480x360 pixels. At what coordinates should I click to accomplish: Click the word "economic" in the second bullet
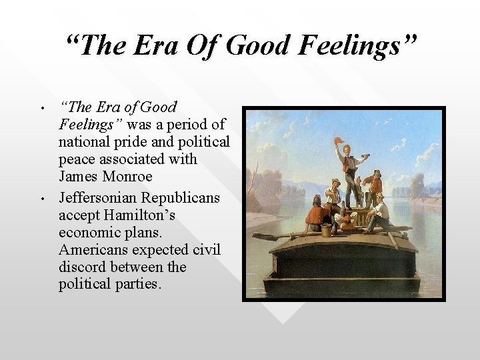[x=85, y=233]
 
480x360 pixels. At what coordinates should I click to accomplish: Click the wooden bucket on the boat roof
[x=327, y=229]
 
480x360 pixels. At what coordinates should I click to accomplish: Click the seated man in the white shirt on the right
[x=380, y=211]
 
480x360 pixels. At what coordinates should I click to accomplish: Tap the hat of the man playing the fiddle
[x=335, y=182]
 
